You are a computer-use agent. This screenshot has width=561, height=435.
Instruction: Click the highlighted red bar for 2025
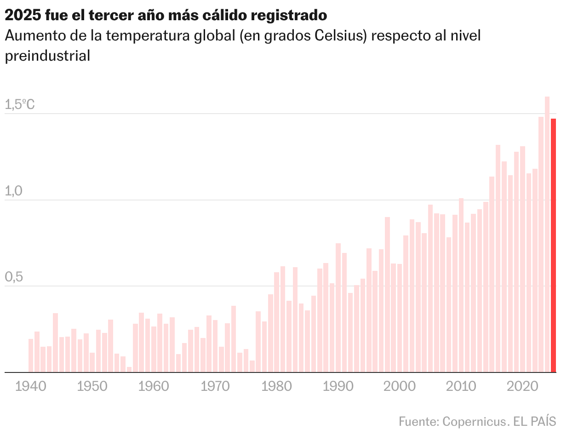[x=553, y=245]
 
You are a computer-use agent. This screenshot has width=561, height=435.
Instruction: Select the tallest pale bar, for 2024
[x=547, y=235]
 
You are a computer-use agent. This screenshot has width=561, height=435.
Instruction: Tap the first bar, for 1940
[x=31, y=355]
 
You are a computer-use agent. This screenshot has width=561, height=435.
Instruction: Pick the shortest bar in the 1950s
[x=129, y=369]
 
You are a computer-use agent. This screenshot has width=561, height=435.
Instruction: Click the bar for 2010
[x=461, y=285]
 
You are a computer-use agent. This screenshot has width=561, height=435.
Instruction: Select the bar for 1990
[x=338, y=308]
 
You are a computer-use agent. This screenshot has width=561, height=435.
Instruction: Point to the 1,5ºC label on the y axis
[x=19, y=105]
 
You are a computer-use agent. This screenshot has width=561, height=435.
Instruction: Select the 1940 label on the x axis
[x=31, y=386]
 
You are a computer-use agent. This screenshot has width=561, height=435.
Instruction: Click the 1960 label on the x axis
[x=154, y=386]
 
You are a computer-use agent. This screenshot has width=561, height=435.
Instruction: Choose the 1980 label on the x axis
[x=277, y=386]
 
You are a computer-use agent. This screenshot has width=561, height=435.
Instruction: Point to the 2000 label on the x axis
[x=400, y=386]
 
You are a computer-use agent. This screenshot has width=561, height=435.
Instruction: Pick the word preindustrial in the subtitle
[x=47, y=56]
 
